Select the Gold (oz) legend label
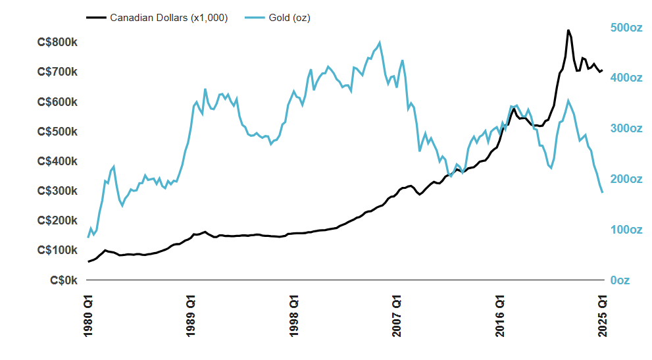pos(289,18)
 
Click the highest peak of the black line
pos(568,30)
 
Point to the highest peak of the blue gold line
pos(380,43)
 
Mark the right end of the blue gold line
pos(602,192)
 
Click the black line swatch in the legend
pos(95,18)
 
